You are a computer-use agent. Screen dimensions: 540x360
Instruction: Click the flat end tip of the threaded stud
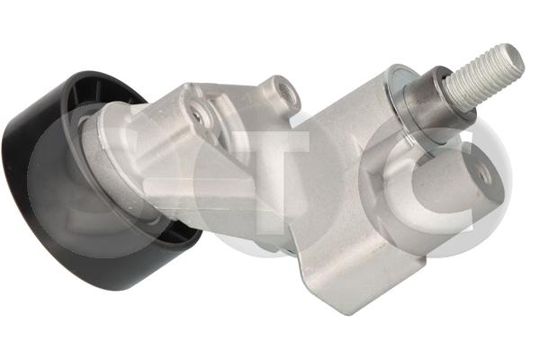coord(514,58)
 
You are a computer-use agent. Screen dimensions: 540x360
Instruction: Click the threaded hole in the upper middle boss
coord(286,93)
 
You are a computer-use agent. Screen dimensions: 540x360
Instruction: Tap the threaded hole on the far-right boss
coord(485,175)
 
